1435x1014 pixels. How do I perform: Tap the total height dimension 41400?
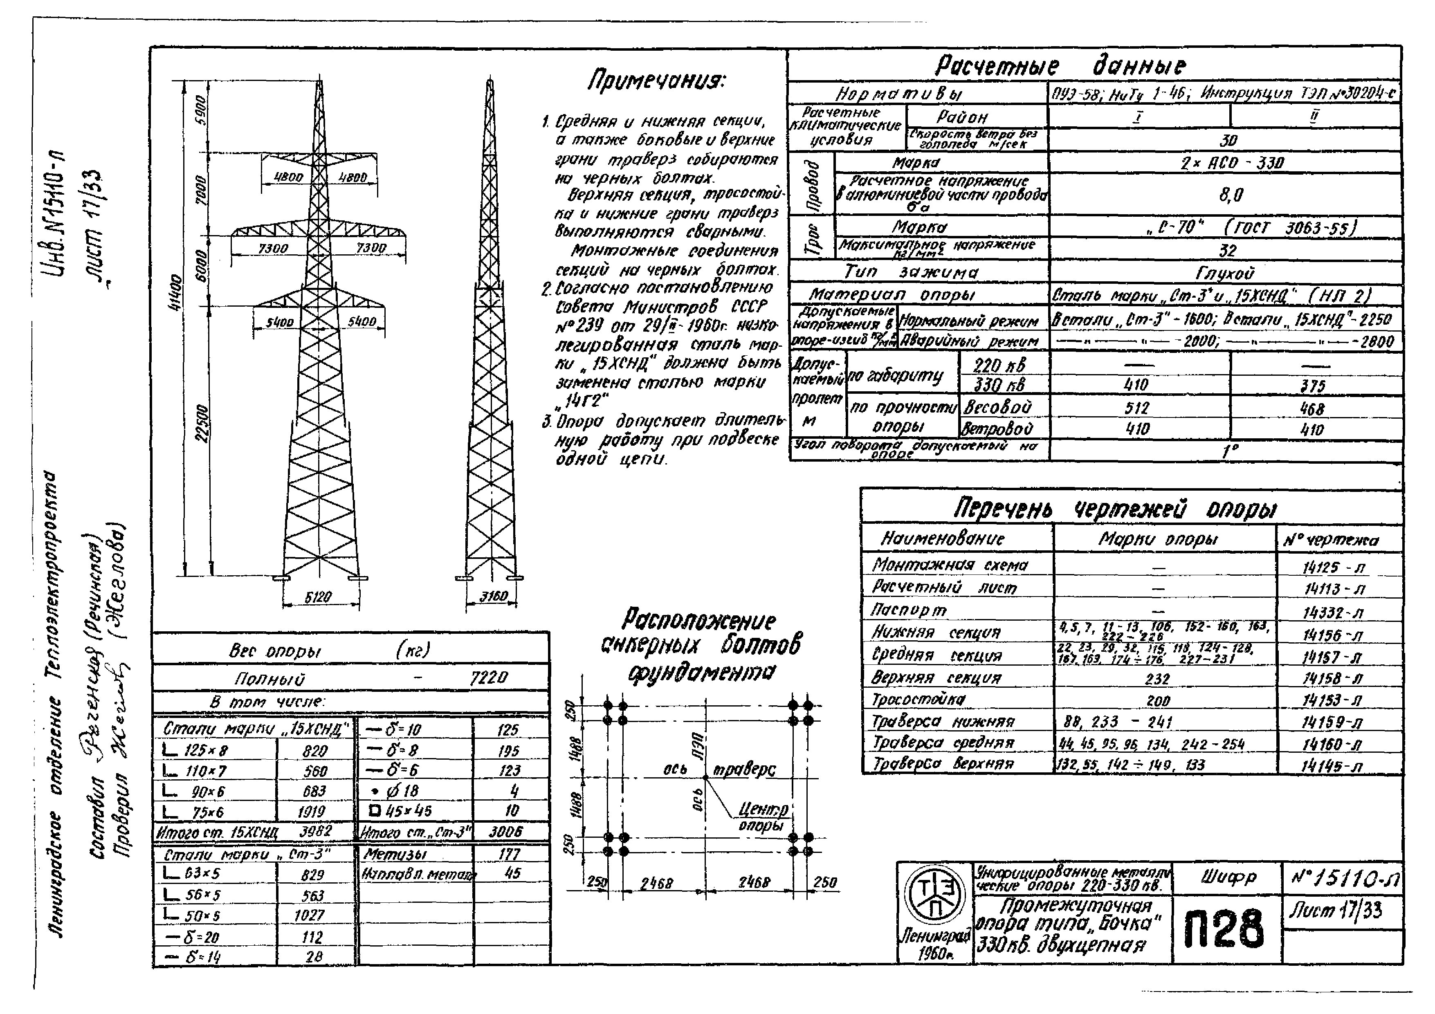[x=177, y=292]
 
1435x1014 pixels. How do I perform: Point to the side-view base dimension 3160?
[x=494, y=597]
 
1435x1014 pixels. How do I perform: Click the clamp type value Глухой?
[x=1225, y=273]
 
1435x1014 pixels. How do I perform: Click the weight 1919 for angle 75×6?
[x=311, y=812]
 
